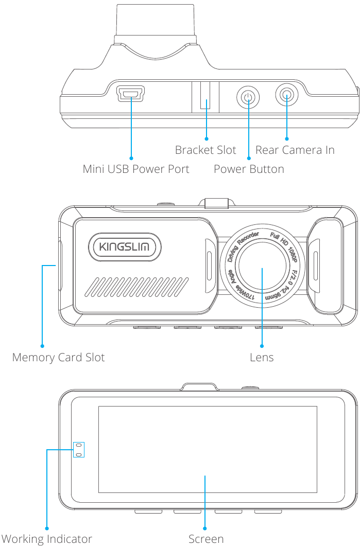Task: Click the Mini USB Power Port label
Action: (x=136, y=169)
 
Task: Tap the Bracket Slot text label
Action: (x=205, y=150)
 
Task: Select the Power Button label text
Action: (x=249, y=169)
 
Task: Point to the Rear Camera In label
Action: (x=295, y=150)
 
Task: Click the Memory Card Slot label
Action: (x=58, y=358)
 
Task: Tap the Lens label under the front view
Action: (x=262, y=358)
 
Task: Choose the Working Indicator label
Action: (x=46, y=539)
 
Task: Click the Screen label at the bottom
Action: (x=205, y=539)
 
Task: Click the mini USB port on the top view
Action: (x=131, y=93)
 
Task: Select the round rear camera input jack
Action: (x=287, y=95)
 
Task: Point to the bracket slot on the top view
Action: (x=205, y=96)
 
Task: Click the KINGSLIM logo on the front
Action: (x=124, y=248)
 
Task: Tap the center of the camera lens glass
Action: (x=262, y=267)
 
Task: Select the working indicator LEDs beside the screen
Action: (x=78, y=449)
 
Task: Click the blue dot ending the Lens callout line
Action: (x=262, y=345)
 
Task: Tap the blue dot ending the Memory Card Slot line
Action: (x=42, y=346)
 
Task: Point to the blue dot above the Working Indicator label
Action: (x=47, y=527)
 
